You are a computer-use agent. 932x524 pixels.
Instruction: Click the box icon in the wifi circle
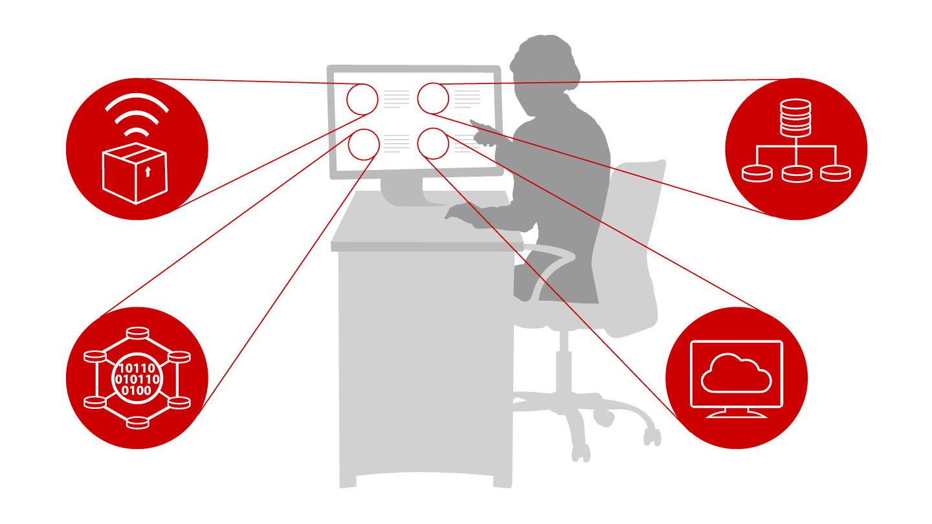tap(135, 173)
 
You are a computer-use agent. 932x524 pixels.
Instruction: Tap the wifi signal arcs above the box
tap(137, 114)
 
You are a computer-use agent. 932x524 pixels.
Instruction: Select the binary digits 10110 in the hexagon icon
tap(137, 369)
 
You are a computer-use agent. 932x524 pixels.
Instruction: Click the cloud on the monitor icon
tap(737, 373)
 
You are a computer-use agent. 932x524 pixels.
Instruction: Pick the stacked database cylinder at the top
tap(795, 117)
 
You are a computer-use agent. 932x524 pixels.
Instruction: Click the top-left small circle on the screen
tap(362, 99)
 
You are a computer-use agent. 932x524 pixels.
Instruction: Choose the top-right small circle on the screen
tap(433, 98)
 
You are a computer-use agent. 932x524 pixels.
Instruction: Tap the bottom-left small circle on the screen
tap(364, 145)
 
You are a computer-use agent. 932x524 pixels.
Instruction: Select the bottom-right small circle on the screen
tap(434, 144)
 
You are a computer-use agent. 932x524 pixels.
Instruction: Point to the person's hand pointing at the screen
tap(482, 127)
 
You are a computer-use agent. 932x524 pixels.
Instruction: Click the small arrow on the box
tap(148, 171)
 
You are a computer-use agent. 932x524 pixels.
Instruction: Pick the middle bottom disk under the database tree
tap(796, 173)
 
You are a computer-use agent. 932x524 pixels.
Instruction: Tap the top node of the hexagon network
tap(137, 333)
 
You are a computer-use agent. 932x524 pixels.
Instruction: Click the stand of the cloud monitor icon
tap(737, 413)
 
